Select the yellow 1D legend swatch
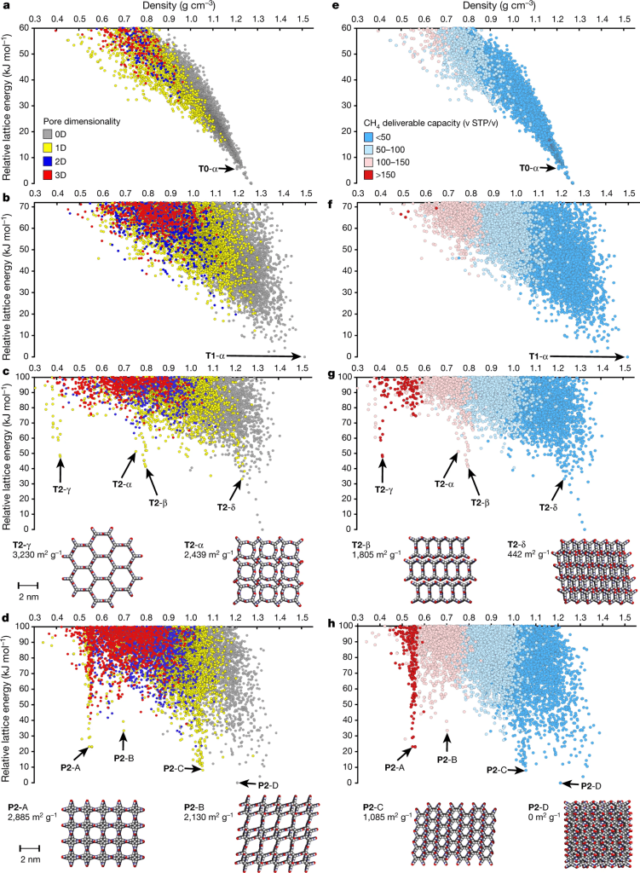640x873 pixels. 47,147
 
